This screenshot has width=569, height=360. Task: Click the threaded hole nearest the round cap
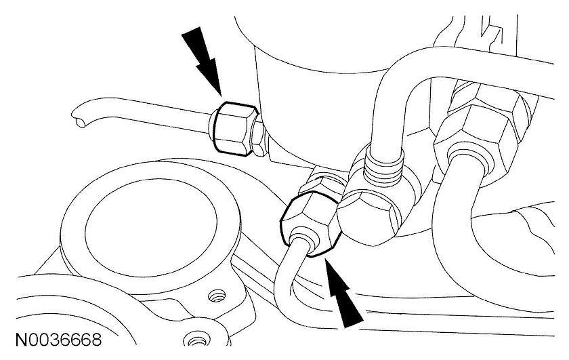tap(216, 296)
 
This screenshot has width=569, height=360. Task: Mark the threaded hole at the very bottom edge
tap(197, 337)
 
